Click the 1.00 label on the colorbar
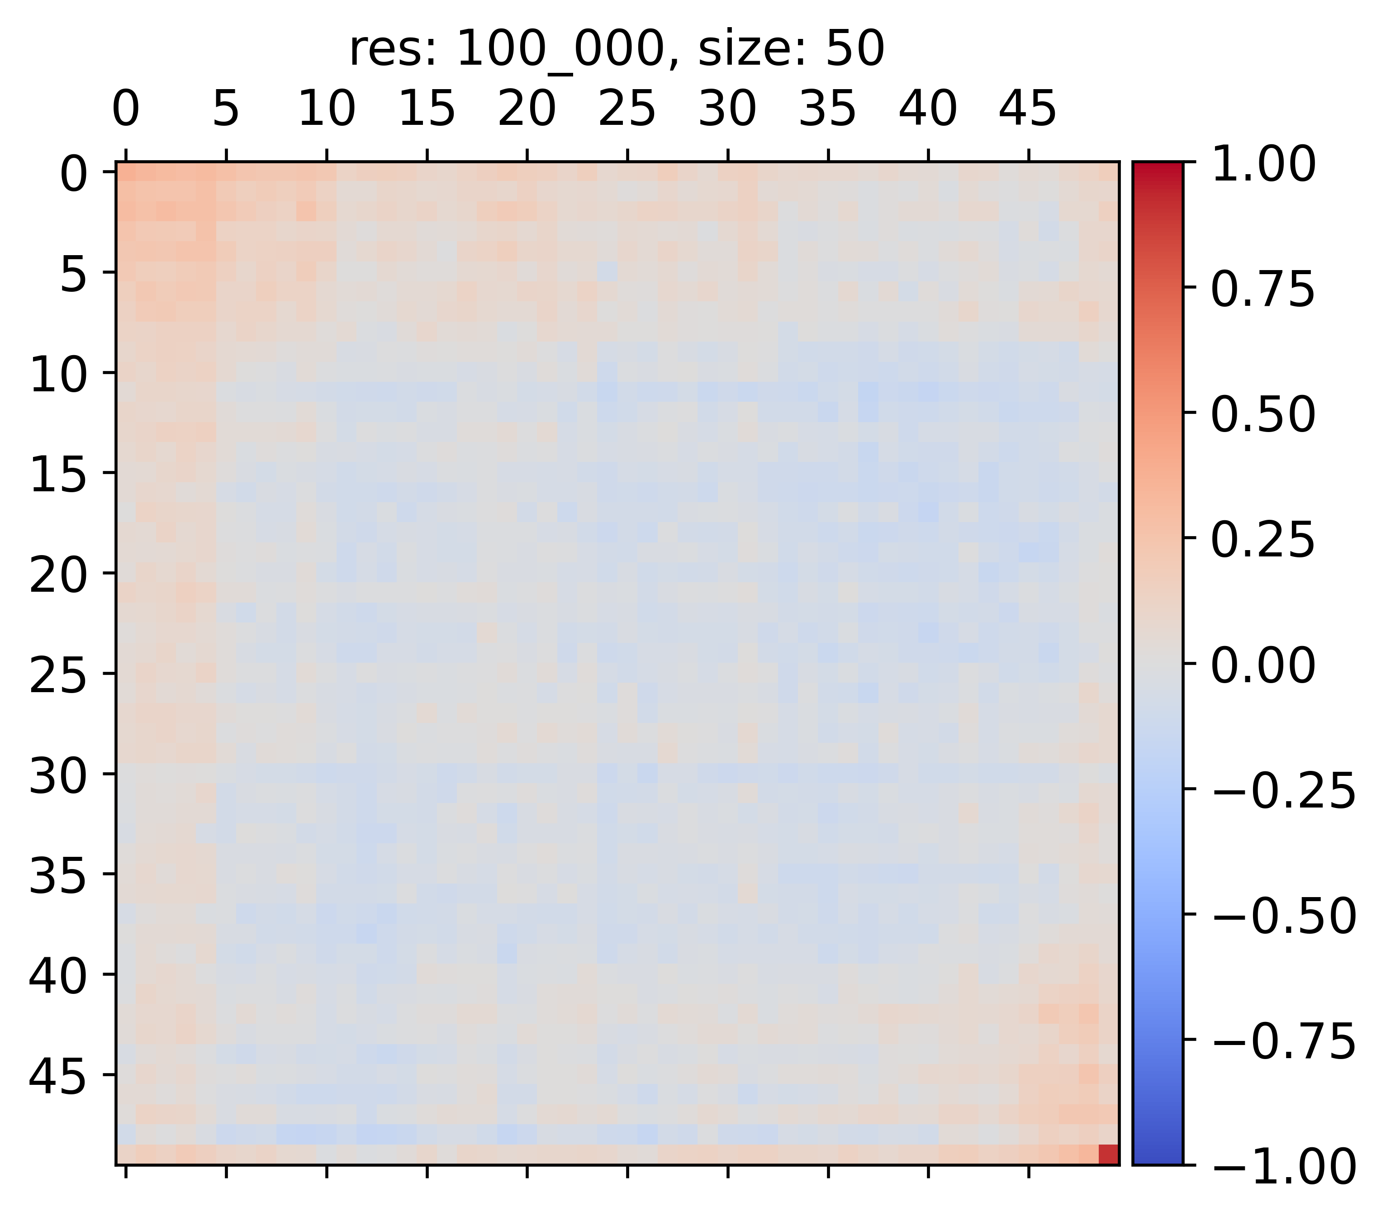click(1263, 165)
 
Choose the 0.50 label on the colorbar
click(1263, 415)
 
